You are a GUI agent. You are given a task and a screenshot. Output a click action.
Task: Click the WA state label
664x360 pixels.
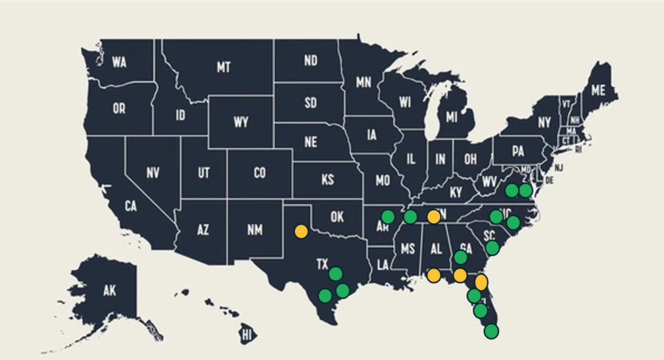[x=119, y=62]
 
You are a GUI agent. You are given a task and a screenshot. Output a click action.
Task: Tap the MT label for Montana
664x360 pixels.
[x=224, y=67]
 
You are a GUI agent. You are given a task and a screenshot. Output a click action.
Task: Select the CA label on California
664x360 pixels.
[x=131, y=206]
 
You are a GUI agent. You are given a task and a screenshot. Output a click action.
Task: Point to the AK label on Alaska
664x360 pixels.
[x=110, y=291]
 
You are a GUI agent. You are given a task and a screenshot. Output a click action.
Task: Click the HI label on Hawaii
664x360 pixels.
[x=246, y=335]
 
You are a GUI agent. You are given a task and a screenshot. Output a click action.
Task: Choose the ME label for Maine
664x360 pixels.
[x=598, y=90]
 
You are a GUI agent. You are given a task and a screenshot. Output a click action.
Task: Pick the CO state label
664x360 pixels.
[x=259, y=173]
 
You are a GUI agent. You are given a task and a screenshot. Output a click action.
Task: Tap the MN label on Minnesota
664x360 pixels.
[x=363, y=82]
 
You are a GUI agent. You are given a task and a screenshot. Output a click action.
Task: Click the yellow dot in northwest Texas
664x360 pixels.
[x=301, y=231]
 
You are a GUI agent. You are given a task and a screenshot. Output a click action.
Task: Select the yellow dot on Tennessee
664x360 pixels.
[x=433, y=216]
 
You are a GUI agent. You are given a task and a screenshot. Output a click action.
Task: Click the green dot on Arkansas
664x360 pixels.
[x=388, y=216]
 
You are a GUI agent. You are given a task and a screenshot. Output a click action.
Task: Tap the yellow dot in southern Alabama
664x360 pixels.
[x=434, y=275]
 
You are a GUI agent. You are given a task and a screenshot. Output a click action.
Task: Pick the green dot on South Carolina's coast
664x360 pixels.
[x=492, y=247]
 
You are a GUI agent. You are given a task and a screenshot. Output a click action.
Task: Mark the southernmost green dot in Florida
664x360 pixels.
[x=492, y=331]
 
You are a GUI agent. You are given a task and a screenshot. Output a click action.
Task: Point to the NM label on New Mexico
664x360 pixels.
[x=250, y=228]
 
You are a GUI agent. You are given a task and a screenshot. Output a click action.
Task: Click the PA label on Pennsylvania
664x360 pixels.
[x=517, y=152]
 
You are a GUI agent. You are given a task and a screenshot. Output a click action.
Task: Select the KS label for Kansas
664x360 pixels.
[x=328, y=180]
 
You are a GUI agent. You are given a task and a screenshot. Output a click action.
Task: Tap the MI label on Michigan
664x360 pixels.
[x=451, y=117]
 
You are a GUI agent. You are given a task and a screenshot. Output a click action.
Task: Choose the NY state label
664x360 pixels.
[x=544, y=123]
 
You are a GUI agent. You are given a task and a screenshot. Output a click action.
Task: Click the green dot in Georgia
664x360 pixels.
[x=460, y=257]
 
